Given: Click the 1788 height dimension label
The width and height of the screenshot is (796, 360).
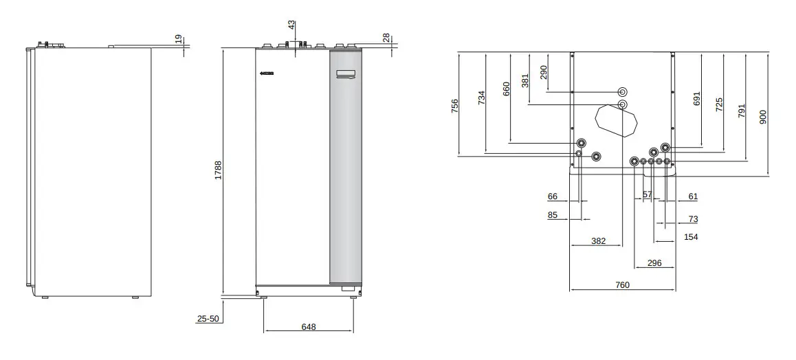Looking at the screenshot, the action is click(x=218, y=170).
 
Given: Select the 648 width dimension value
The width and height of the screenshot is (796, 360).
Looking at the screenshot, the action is click(x=309, y=327).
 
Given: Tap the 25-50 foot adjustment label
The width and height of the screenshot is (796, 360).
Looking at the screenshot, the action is click(x=208, y=319).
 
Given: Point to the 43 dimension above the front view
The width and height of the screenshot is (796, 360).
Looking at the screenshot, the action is click(x=291, y=25).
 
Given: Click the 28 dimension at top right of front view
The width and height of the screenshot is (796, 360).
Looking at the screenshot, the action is click(x=386, y=38).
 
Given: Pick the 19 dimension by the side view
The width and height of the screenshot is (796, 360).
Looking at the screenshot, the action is click(x=179, y=39).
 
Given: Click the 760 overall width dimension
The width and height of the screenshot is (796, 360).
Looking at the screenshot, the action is click(x=622, y=285).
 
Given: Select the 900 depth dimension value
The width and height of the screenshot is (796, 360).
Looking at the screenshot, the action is click(x=762, y=117).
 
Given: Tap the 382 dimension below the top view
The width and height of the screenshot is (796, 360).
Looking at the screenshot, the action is click(x=599, y=241).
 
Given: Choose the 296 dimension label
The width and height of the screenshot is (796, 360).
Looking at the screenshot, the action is click(x=654, y=263).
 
